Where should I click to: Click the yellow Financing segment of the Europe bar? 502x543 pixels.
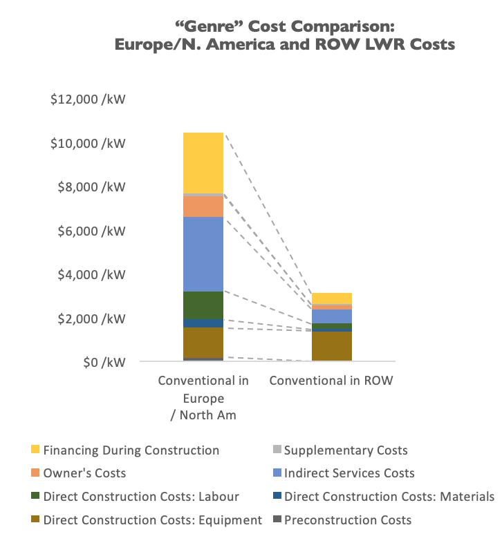tap(203, 163)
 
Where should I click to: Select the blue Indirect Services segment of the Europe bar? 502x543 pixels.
tap(203, 254)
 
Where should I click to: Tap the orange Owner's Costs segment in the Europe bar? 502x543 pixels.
tap(203, 207)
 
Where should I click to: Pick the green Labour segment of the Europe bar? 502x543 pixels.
tap(203, 305)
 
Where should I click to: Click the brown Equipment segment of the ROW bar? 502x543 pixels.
tap(331, 345)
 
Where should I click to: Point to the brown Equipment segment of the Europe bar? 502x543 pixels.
tap(203, 342)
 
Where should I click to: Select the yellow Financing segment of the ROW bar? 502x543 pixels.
tap(331, 298)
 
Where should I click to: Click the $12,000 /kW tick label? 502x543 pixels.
tap(88, 99)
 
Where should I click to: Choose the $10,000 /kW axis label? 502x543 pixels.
tap(88, 144)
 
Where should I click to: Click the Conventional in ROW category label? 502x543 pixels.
tap(331, 381)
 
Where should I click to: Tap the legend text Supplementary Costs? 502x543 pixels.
tap(346, 450)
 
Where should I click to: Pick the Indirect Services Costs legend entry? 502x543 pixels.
tap(349, 473)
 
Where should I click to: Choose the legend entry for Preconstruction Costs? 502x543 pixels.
tap(347, 520)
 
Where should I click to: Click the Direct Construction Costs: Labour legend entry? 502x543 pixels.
tap(142, 497)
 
